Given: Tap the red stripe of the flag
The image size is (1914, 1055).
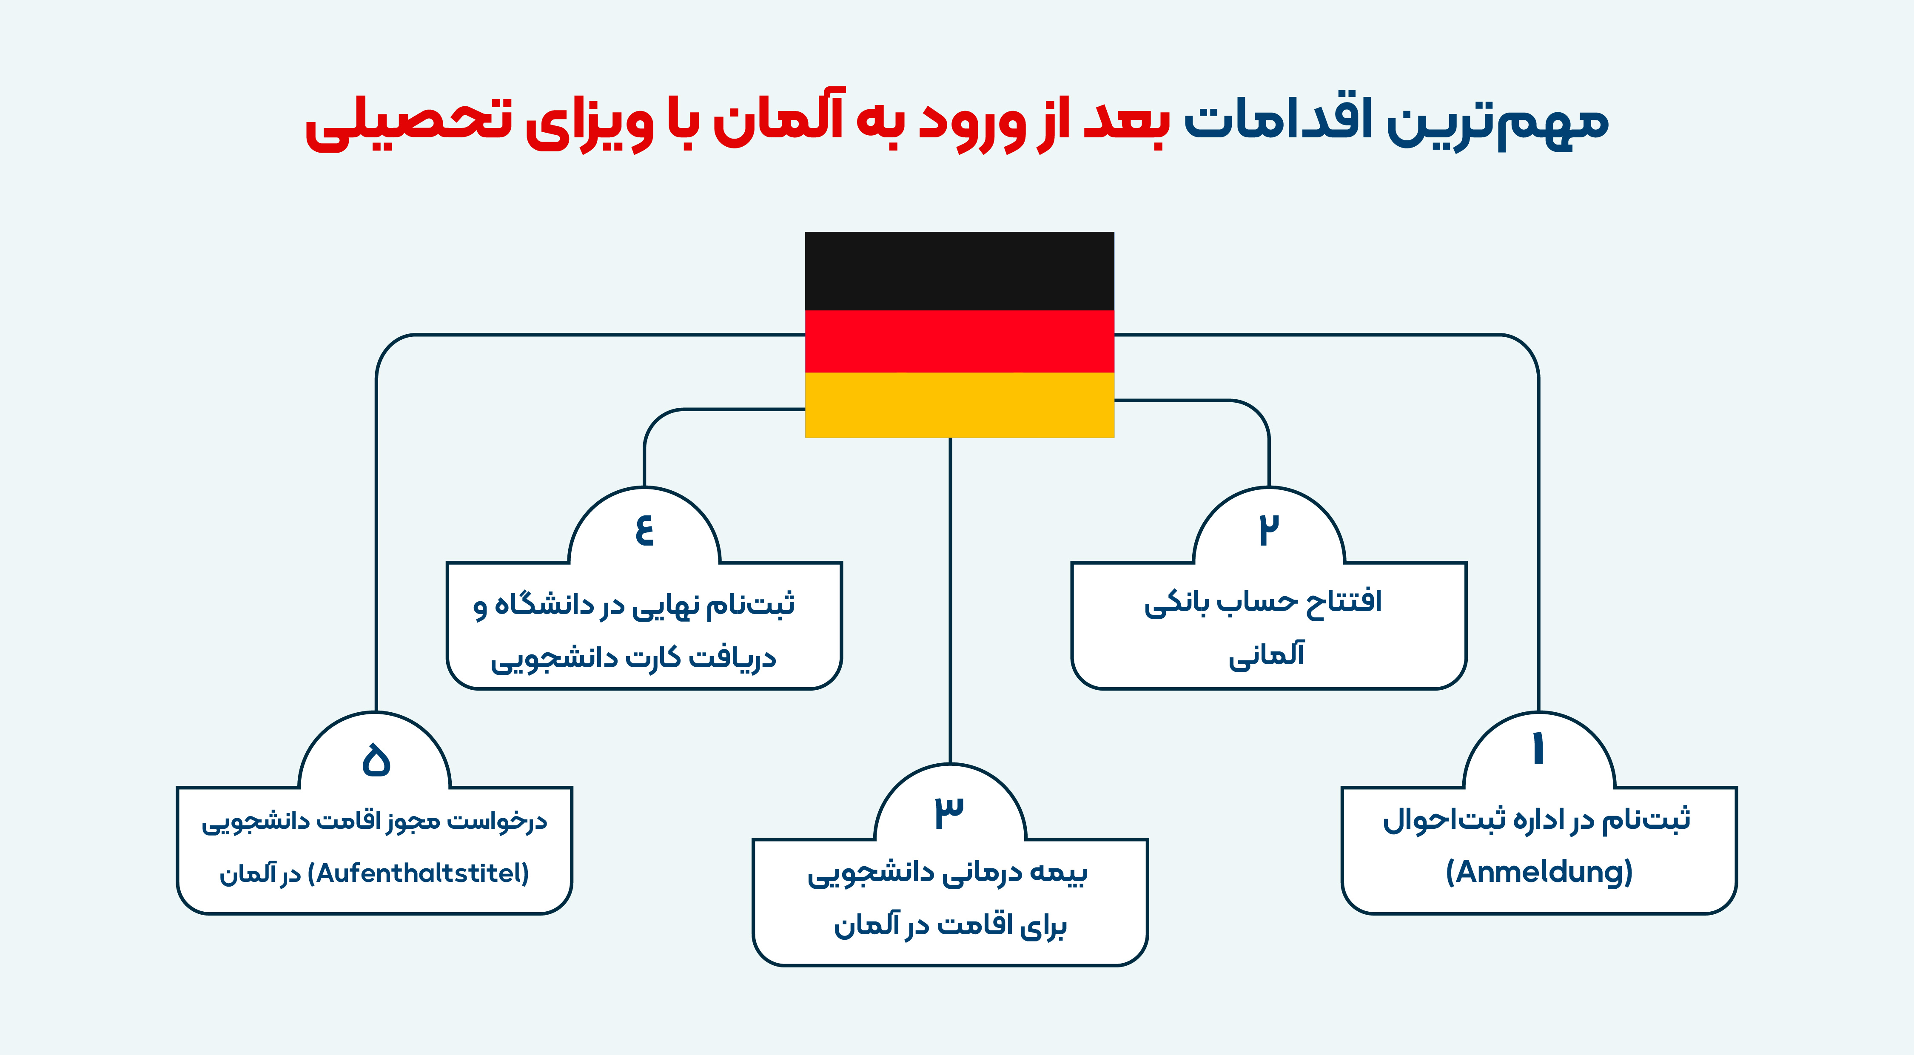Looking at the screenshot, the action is pos(959,341).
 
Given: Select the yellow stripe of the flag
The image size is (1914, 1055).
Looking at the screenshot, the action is pos(959,405).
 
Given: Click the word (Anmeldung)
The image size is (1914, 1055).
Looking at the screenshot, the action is pos(1539,872).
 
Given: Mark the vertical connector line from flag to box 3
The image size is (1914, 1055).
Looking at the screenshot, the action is pos(950,601).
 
